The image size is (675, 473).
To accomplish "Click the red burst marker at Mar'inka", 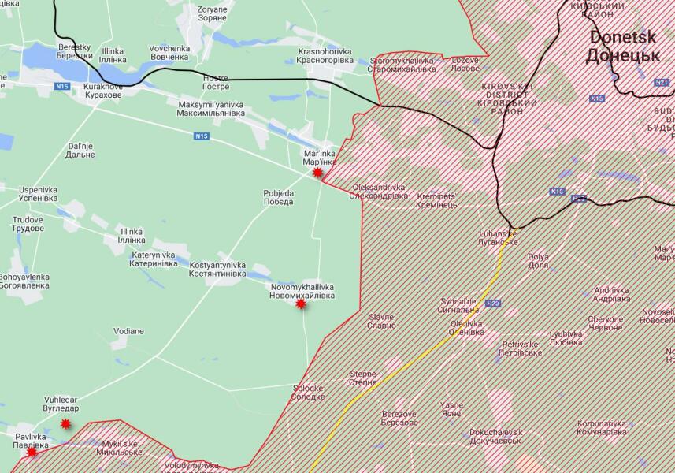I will [x=318, y=172].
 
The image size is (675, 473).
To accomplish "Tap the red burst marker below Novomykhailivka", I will [x=300, y=304].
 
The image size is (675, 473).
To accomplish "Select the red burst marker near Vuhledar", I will [x=66, y=423].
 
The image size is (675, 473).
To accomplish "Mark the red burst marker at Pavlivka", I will [x=32, y=452].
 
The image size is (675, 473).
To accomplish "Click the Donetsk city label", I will [x=623, y=47].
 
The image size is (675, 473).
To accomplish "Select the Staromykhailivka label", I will [x=402, y=65].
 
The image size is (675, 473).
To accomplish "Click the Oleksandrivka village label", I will [x=380, y=192].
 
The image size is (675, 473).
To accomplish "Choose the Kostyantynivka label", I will [x=217, y=270].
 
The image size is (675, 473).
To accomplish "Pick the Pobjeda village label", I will [x=279, y=197].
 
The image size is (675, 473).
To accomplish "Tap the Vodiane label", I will [x=128, y=331].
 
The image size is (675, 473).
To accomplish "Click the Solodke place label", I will [x=308, y=393].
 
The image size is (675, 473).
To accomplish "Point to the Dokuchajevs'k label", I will [x=495, y=436].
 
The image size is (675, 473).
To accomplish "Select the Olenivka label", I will [x=465, y=328].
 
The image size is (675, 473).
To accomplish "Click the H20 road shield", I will [x=493, y=303].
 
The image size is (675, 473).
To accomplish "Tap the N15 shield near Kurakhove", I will [x=61, y=85].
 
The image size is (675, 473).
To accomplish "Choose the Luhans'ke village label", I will [x=498, y=238].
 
